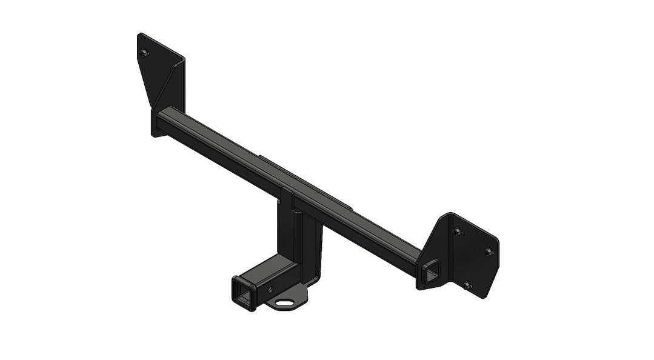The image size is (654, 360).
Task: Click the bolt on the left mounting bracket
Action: click(x=144, y=54)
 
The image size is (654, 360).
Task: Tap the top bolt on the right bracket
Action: click(x=457, y=230)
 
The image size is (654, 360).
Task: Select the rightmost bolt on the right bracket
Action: click(x=488, y=251)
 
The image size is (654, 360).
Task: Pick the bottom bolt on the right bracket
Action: click(x=465, y=284)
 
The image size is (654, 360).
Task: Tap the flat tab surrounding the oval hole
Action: click(x=297, y=303)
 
